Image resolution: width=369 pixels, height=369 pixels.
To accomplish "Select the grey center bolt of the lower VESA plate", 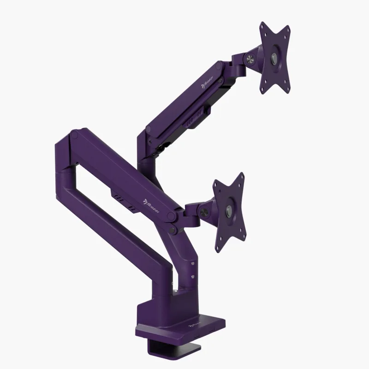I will tap(229, 211).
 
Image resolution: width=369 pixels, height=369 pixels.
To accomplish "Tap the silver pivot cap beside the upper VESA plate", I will tap(250, 59).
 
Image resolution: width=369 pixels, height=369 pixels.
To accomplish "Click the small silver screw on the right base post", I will tap(191, 274).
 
